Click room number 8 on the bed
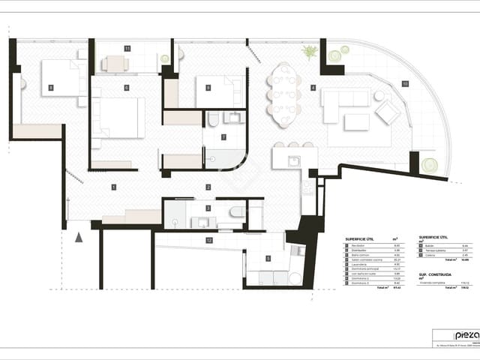[x=51, y=88]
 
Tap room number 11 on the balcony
[x=127, y=48]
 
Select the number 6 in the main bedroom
[x=127, y=88]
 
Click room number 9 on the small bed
[x=208, y=88]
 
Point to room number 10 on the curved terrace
[x=405, y=83]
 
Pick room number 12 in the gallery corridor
[x=208, y=240]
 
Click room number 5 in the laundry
[x=268, y=259]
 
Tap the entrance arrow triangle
[x=79, y=237]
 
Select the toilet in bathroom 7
[x=213, y=119]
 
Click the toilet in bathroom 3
[x=237, y=211]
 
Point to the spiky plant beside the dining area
[x=309, y=52]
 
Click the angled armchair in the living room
[x=388, y=112]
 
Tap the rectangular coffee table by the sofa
[x=357, y=121]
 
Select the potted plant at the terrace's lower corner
[x=429, y=164]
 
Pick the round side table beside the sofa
[x=379, y=95]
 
